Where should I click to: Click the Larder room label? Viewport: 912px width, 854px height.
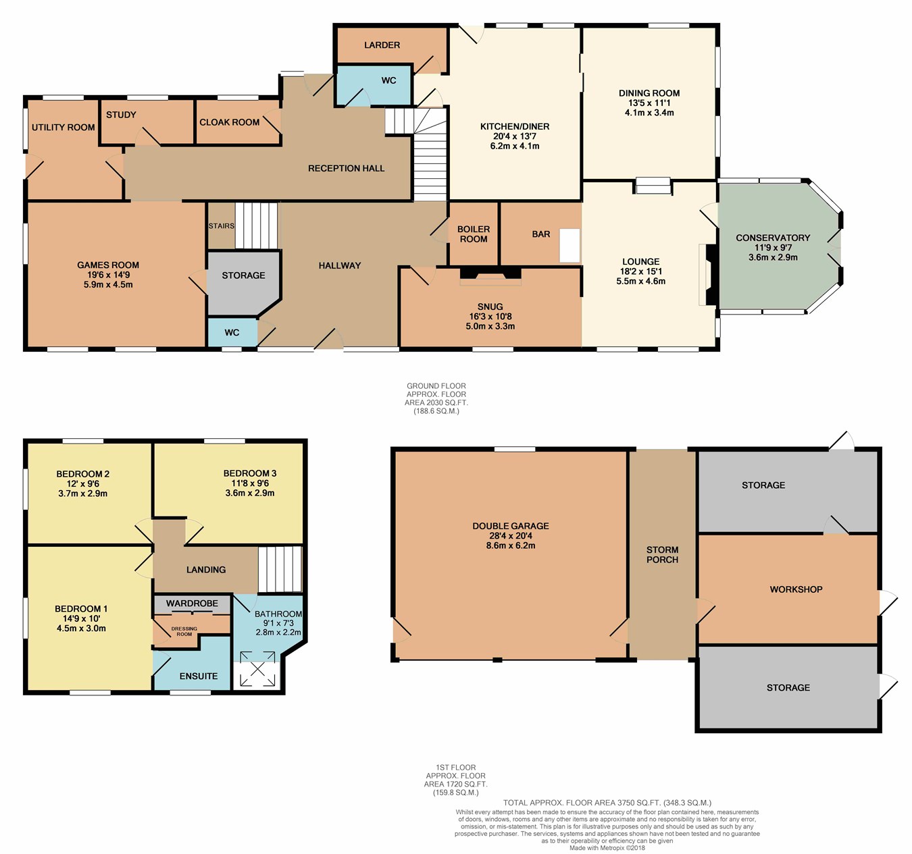click(382, 45)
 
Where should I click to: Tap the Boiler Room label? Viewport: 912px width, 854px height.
click(474, 234)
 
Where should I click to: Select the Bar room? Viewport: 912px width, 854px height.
click(540, 234)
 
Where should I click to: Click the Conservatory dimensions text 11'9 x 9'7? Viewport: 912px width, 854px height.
click(773, 248)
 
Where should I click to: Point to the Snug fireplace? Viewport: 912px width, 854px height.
click(490, 275)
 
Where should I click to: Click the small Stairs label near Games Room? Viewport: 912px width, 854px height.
click(222, 226)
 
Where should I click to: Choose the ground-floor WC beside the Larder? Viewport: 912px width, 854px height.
click(374, 85)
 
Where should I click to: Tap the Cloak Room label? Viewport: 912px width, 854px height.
click(229, 122)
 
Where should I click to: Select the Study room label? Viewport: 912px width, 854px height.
click(121, 115)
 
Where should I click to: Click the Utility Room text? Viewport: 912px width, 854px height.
click(63, 127)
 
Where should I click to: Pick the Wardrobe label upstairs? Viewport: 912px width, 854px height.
click(192, 604)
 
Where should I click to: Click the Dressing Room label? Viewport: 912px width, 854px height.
click(184, 631)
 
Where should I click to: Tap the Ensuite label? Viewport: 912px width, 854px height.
click(199, 676)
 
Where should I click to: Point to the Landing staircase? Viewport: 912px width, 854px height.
click(280, 569)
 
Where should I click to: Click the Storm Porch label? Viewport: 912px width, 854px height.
click(662, 555)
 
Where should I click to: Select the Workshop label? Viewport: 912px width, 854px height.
click(796, 589)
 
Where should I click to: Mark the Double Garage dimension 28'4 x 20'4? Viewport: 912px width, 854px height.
click(510, 536)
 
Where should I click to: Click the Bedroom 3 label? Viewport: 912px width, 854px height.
click(250, 473)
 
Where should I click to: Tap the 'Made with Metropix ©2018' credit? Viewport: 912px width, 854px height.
click(607, 847)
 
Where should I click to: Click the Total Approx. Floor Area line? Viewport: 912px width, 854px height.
click(607, 803)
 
